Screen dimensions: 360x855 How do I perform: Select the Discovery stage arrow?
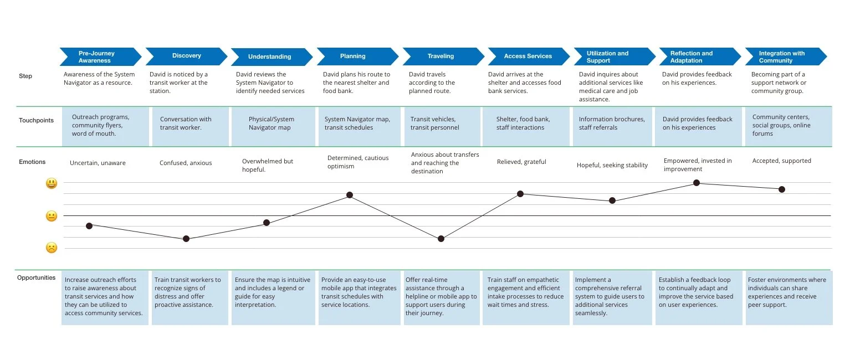point(186,56)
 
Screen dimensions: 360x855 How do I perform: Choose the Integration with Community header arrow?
point(785,56)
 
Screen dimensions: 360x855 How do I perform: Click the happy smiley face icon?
point(52,183)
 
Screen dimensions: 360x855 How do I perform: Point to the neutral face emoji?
point(52,216)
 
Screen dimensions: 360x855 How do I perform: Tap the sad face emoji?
point(52,248)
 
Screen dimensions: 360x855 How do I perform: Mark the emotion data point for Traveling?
point(441,239)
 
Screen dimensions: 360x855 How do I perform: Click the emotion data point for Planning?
point(350,195)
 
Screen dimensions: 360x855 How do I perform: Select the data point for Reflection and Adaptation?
point(697,183)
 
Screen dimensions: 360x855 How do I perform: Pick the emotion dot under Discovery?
point(186,239)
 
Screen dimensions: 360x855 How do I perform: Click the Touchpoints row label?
point(36,120)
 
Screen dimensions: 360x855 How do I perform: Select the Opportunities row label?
point(36,277)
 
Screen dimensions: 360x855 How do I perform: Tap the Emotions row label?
point(32,162)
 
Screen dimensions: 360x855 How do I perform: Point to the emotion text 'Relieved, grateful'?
point(521,162)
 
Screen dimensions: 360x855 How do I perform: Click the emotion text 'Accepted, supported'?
point(781,161)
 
